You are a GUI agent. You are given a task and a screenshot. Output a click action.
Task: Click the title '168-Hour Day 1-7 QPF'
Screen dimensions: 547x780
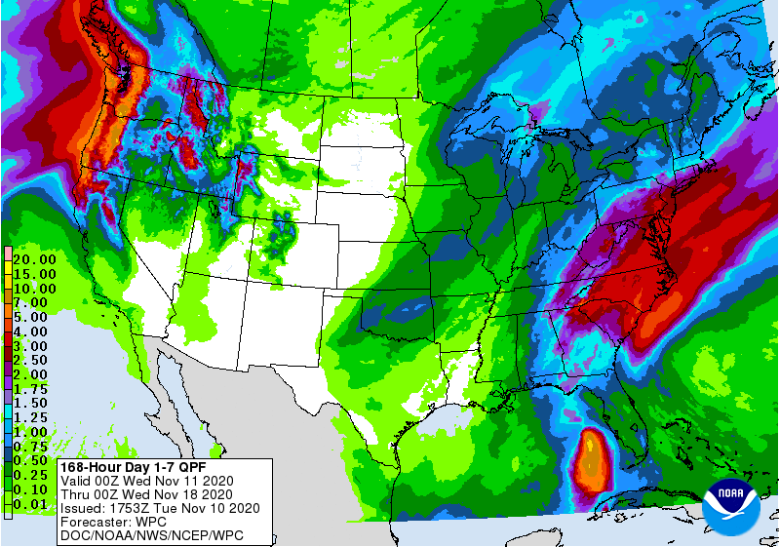[x=126, y=467]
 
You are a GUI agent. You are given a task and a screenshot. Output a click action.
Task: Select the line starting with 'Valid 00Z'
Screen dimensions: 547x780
[x=146, y=481]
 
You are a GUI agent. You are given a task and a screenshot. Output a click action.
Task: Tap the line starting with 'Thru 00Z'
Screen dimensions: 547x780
[x=146, y=494]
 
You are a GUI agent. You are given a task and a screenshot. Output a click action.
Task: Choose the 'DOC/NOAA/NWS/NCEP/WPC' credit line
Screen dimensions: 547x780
[x=151, y=535]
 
